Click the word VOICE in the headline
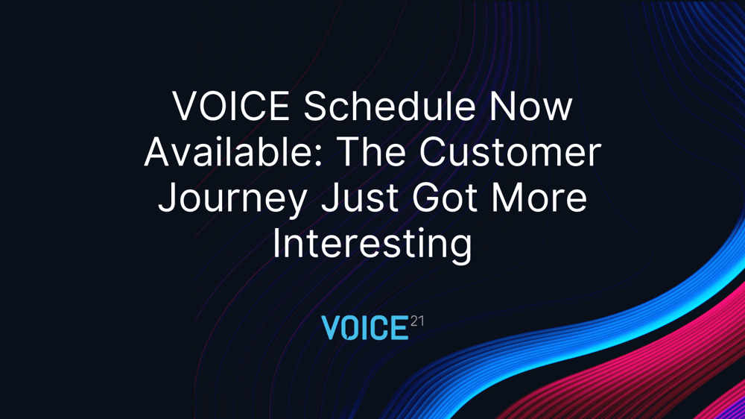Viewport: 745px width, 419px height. (x=231, y=106)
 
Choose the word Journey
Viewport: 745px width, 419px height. (x=232, y=200)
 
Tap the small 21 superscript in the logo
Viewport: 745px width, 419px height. (x=416, y=321)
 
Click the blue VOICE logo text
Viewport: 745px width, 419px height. (x=365, y=328)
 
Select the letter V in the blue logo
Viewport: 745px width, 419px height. (x=332, y=328)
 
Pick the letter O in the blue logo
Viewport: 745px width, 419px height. (x=351, y=328)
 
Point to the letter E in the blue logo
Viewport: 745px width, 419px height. (x=400, y=328)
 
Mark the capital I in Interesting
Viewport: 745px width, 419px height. (x=276, y=243)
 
